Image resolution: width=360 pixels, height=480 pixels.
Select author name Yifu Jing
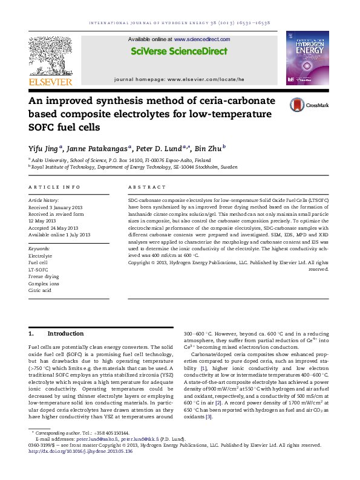[44, 147]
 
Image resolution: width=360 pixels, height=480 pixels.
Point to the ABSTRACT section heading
[145, 188]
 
